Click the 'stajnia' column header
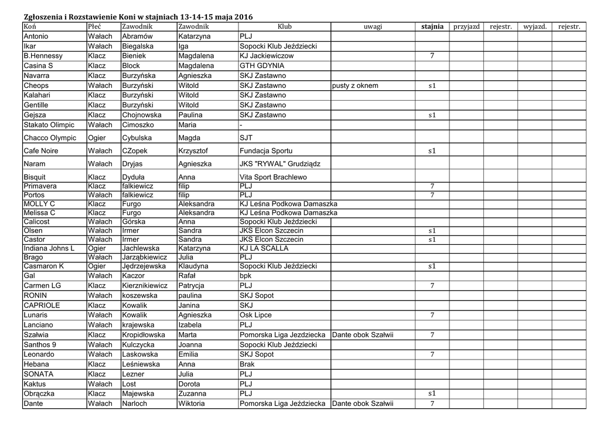pyautogui.click(x=432, y=27)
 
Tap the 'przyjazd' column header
pyautogui.click(x=466, y=27)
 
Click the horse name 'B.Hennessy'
pyautogui.click(x=43, y=56)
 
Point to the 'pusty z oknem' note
pyautogui.click(x=355, y=86)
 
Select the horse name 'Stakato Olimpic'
pyautogui.click(x=49, y=125)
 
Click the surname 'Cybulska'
pyautogui.click(x=137, y=138)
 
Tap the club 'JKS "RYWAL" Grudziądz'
pyautogui.click(x=284, y=164)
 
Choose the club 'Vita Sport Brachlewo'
pyautogui.click(x=273, y=177)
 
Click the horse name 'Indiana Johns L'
pyautogui.click(x=49, y=248)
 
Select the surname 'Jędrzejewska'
pyautogui.click(x=144, y=266)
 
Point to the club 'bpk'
pyautogui.click(x=246, y=275)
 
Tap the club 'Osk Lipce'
pyautogui.click(x=255, y=315)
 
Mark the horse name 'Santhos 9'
pyautogui.click(x=40, y=344)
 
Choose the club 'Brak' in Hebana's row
pyautogui.click(x=247, y=364)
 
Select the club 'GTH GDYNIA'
pyautogui.click(x=262, y=66)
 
